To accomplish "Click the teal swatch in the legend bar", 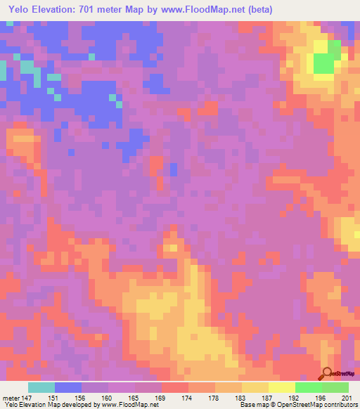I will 41,387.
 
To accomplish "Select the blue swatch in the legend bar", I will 68,387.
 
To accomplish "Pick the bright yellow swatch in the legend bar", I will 282,387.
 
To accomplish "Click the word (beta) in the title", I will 259,10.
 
